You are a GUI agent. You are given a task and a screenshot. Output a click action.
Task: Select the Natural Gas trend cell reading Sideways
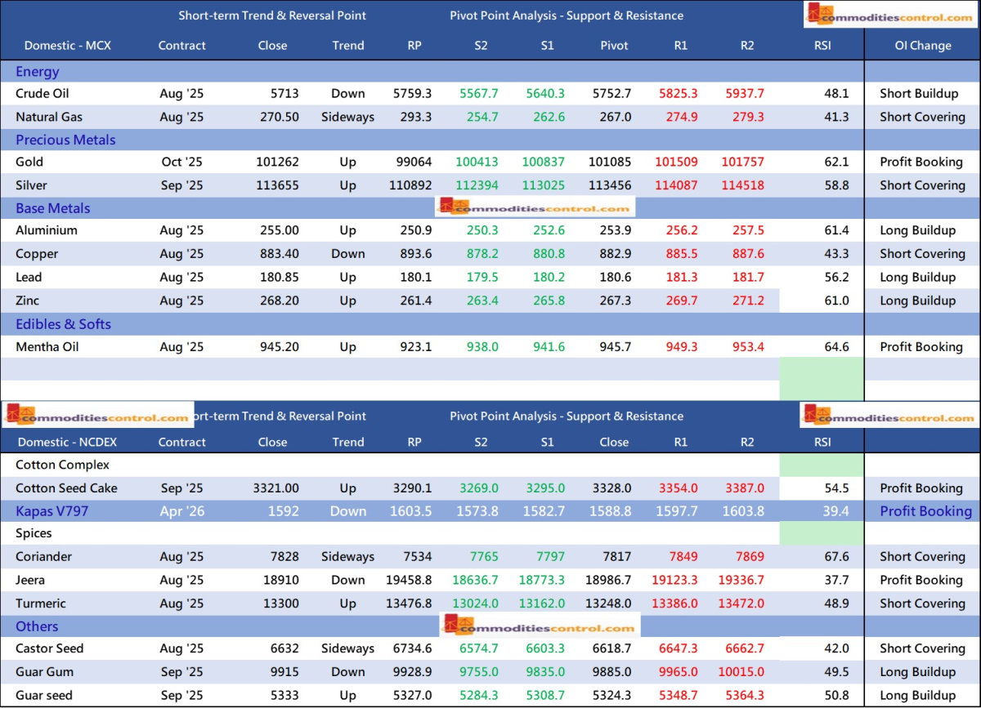coord(347,117)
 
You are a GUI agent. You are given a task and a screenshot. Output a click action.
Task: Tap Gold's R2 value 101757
coord(742,162)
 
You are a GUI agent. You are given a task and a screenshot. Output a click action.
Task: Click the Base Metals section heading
coord(53,208)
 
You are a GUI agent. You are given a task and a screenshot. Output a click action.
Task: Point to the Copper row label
coord(37,254)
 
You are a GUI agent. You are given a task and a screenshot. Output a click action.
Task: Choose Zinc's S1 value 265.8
coord(548,301)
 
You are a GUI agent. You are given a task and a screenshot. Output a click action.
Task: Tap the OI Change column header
coord(922,46)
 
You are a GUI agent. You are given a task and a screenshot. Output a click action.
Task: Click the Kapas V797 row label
coord(52,511)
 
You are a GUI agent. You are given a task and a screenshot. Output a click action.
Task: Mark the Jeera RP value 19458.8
coord(409,581)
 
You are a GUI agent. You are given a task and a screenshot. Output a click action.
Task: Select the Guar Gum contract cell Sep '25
coord(182,672)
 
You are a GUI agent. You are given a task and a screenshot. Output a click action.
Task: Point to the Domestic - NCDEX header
coord(69,443)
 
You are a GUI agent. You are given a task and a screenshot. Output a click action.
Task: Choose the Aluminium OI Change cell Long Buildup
coord(917,230)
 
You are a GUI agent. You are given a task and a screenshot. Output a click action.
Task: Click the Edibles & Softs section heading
coord(64,324)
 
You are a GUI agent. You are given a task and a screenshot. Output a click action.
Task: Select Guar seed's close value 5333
coord(283,696)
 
